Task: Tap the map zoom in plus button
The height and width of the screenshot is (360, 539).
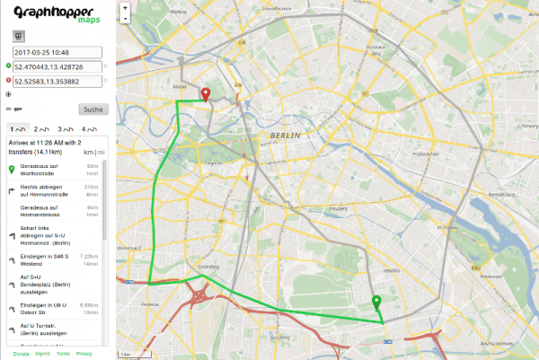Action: click(125, 9)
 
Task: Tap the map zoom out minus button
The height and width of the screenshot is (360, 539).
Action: click(125, 19)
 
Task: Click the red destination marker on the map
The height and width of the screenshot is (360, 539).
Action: click(205, 94)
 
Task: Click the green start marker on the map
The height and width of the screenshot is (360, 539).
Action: click(376, 303)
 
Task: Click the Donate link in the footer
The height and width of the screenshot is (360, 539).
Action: click(22, 354)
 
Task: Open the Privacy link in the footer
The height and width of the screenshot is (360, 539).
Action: click(84, 354)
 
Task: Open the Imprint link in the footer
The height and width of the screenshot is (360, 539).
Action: click(43, 354)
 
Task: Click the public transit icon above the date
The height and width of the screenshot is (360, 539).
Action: click(17, 37)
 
